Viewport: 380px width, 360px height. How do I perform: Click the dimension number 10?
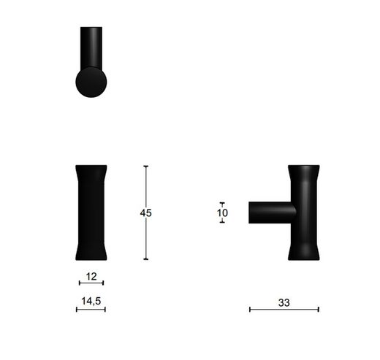(x=222, y=213)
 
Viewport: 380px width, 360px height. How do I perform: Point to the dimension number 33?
(x=284, y=300)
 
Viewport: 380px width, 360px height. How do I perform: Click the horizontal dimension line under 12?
(x=91, y=283)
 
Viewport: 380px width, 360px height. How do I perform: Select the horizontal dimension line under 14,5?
(x=91, y=310)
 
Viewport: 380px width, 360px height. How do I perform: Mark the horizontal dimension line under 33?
(x=284, y=310)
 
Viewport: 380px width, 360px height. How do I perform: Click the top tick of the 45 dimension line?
(x=145, y=166)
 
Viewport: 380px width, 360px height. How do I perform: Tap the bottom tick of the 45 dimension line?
(x=145, y=259)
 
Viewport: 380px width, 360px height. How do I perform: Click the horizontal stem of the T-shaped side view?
(x=272, y=212)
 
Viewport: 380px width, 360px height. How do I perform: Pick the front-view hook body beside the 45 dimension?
(x=91, y=212)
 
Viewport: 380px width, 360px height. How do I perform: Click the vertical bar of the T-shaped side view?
(x=304, y=212)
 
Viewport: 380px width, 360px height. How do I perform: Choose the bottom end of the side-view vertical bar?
(x=304, y=254)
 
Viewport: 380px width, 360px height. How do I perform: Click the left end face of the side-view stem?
(x=251, y=212)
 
